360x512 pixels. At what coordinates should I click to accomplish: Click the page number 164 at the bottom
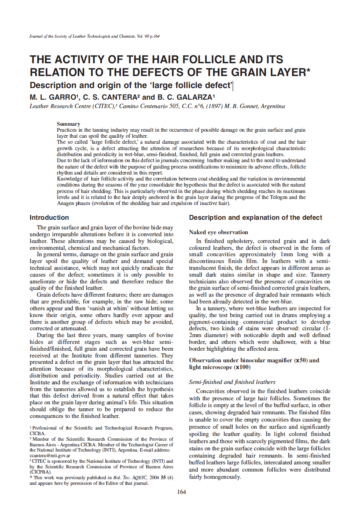tap(181, 492)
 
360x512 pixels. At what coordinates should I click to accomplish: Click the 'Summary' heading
tap(68, 124)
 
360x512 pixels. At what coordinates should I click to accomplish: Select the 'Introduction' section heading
tap(49, 218)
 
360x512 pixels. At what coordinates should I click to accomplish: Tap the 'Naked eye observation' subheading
tap(218, 232)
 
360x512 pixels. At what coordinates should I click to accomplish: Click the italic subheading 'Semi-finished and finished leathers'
tap(232, 382)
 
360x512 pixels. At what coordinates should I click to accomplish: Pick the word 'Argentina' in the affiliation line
tap(272, 106)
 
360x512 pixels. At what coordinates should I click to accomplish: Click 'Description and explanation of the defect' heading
tap(255, 218)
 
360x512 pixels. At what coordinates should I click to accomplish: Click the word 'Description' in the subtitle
tap(53, 85)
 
